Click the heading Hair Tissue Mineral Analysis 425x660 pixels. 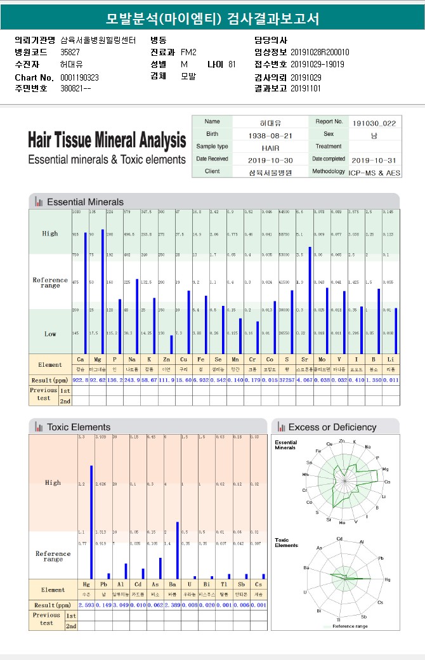(x=107, y=140)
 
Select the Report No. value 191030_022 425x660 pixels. (x=375, y=122)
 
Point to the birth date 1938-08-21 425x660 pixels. (x=270, y=135)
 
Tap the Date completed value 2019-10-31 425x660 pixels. (x=374, y=159)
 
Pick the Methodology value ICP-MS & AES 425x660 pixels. (x=374, y=171)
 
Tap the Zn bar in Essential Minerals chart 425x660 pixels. (x=171, y=344)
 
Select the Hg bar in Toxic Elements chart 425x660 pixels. (x=91, y=522)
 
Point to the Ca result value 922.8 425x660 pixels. (x=81, y=379)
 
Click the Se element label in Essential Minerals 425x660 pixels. (x=218, y=359)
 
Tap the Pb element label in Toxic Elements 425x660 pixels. (x=103, y=584)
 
